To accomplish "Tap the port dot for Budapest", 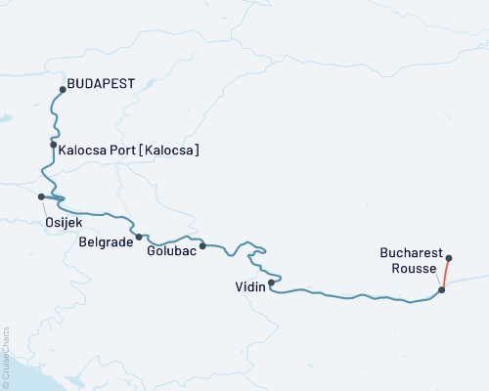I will pyautogui.click(x=63, y=90).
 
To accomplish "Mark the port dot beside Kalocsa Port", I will pyautogui.click(x=53, y=145).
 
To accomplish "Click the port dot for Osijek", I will pyautogui.click(x=41, y=196).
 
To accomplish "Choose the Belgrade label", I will pyautogui.click(x=106, y=240).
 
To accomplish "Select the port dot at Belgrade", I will pyautogui.click(x=139, y=237).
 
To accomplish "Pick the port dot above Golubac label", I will pyautogui.click(x=202, y=245).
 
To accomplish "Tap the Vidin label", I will pyautogui.click(x=249, y=288).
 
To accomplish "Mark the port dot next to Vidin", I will pyautogui.click(x=271, y=282).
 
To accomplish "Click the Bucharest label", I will pyautogui.click(x=410, y=251).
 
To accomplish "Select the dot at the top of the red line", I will pyautogui.click(x=449, y=258).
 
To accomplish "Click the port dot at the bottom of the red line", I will pyautogui.click(x=442, y=289).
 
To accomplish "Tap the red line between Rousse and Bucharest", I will pyautogui.click(x=446, y=274).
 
